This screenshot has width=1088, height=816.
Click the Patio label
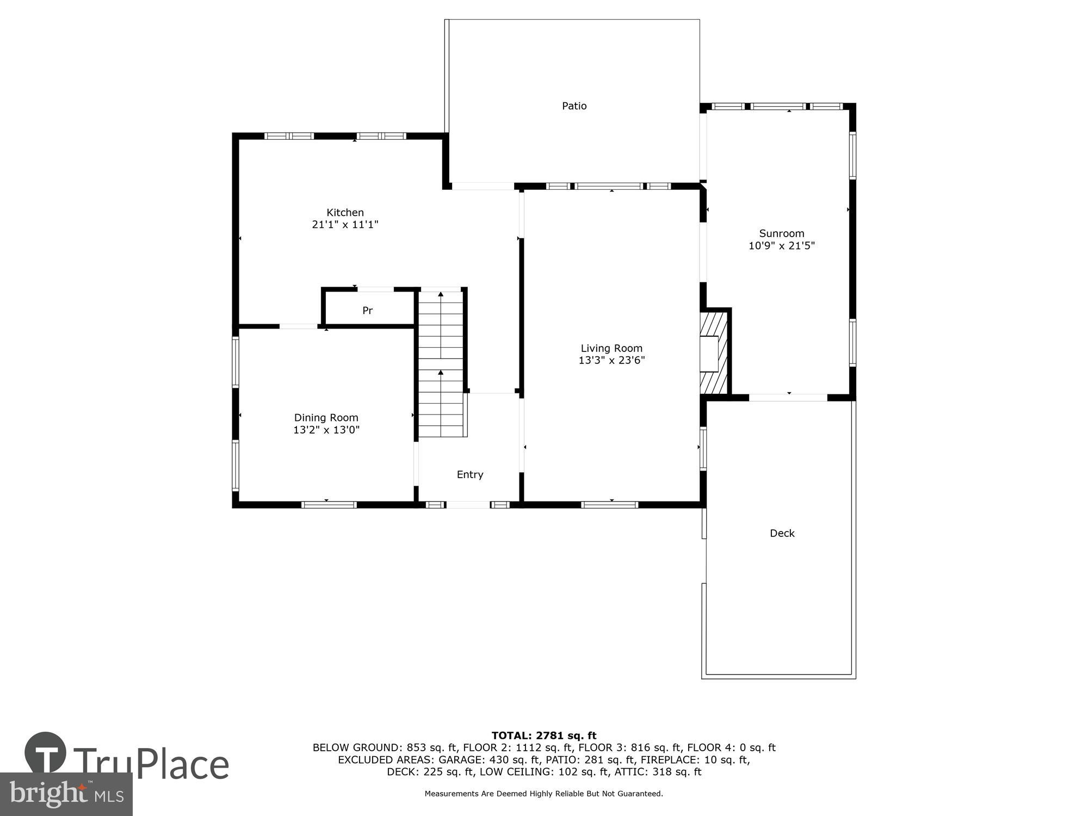574,106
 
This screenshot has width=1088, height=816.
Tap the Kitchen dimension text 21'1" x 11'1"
345,224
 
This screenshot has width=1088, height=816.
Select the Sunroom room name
782,233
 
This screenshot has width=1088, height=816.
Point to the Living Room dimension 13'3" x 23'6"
611,360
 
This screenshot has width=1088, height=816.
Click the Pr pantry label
368,311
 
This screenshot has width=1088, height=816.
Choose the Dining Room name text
326,418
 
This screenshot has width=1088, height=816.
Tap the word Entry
470,475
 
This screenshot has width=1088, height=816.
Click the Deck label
782,534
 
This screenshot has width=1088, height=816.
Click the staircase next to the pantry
441,363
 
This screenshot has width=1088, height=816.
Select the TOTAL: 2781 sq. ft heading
544,736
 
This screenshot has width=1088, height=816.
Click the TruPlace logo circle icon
45,753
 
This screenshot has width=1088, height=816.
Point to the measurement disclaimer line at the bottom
544,794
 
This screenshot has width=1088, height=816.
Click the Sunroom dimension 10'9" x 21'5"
782,245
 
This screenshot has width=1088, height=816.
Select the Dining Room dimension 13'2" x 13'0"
326,430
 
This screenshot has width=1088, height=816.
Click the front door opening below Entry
468,505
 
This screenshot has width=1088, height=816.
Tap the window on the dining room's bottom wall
329,505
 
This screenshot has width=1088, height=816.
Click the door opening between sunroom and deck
788,398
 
